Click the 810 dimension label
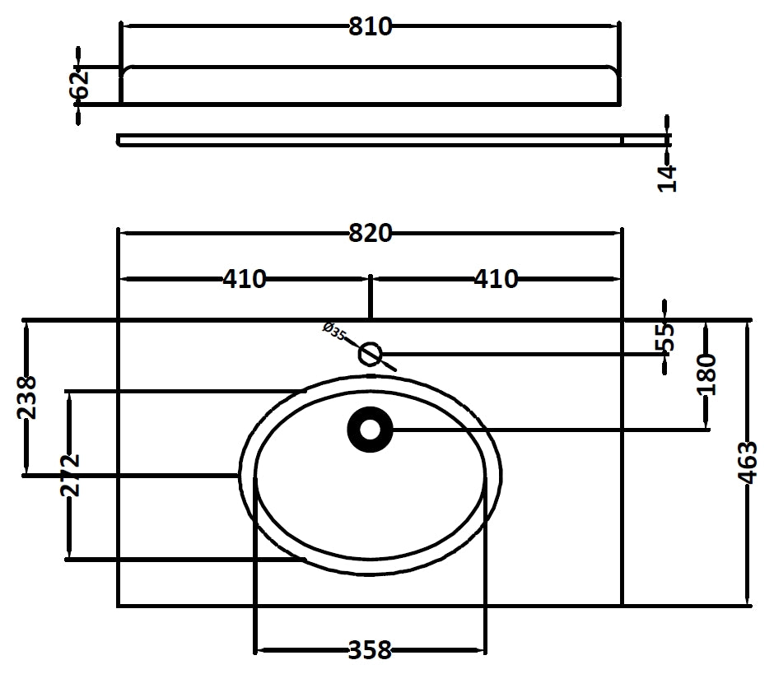coord(370,26)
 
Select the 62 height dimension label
coord(80,85)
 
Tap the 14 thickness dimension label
coord(668,178)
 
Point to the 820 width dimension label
coord(370,234)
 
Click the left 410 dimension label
coord(245,280)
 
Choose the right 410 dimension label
coord(496,280)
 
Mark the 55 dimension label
coord(666,336)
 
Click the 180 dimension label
coord(706,374)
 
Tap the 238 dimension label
coord(27,397)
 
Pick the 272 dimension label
coord(69,475)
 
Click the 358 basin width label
coord(370,651)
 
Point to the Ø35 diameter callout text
coord(334,332)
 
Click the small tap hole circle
coord(371,355)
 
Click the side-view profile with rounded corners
coord(370,85)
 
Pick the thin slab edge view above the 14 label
coord(370,139)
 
